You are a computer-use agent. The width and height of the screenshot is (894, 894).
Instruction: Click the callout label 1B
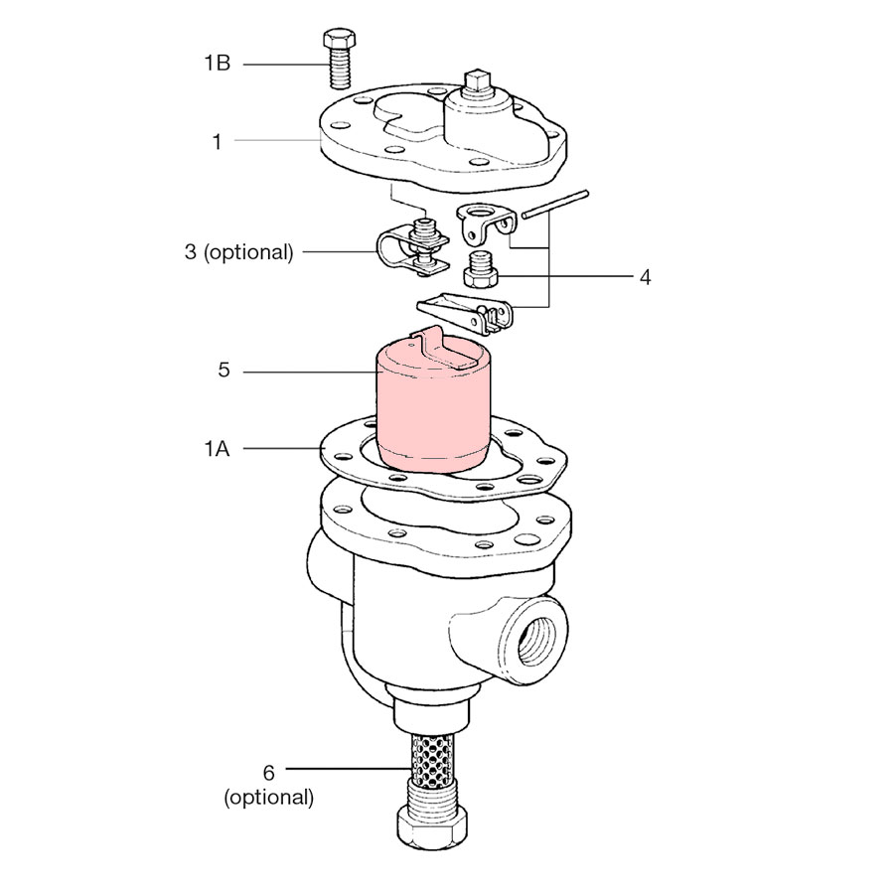click(218, 63)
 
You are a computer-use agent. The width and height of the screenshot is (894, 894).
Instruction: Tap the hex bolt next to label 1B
click(340, 60)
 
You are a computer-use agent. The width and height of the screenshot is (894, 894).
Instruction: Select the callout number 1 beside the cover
click(217, 141)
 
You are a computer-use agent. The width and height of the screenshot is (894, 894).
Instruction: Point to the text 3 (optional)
click(238, 252)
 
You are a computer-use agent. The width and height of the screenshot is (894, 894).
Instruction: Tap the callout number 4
click(645, 278)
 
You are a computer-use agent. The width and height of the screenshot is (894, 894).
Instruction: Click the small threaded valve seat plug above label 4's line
click(480, 269)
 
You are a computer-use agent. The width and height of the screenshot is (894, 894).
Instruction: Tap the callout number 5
click(224, 371)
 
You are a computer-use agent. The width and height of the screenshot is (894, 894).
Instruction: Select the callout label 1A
click(217, 449)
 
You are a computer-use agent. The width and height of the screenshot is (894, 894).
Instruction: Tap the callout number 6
click(268, 773)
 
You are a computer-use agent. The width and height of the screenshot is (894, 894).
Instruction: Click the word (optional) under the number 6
click(268, 797)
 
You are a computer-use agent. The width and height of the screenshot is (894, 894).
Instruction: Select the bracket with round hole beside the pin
click(487, 223)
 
